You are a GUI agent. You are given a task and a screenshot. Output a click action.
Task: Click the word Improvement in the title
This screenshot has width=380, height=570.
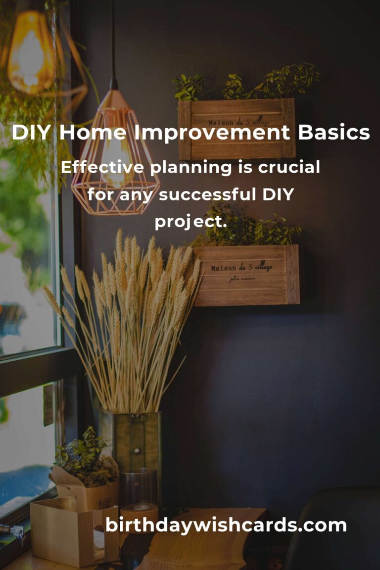212,133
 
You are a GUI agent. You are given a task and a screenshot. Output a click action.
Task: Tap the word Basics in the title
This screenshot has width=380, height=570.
333,132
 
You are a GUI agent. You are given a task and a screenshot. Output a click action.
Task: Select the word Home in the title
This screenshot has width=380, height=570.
93,132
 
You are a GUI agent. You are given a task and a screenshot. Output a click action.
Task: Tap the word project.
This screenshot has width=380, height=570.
191,222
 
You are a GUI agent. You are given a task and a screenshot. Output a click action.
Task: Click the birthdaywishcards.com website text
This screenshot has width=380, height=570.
226,525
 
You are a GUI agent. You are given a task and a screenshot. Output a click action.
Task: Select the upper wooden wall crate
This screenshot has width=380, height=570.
237,129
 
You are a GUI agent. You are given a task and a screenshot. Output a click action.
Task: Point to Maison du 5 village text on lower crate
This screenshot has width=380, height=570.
241,268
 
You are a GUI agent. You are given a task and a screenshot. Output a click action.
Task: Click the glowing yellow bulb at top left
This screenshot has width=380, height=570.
31,53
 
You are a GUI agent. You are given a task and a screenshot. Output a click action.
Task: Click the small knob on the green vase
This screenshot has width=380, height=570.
137,451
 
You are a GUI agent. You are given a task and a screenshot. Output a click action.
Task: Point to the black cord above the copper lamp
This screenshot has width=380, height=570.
113,44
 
